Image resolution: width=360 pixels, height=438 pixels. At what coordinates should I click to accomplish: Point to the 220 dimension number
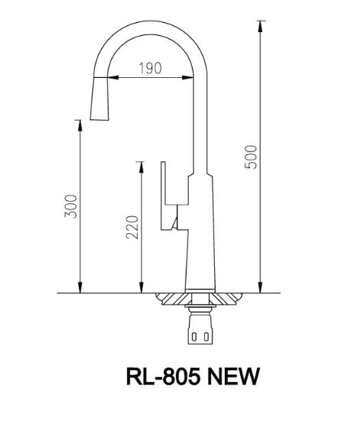pyautogui.click(x=131, y=227)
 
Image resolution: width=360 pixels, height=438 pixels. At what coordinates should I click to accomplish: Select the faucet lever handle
pyautogui.click(x=166, y=195)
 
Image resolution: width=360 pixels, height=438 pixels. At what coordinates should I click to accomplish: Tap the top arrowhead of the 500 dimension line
pyautogui.click(x=261, y=25)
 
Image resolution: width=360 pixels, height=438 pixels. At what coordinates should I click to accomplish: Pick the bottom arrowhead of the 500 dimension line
pyautogui.click(x=261, y=288)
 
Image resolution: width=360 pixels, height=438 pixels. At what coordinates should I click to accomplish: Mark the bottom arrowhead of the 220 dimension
pyautogui.click(x=141, y=288)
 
